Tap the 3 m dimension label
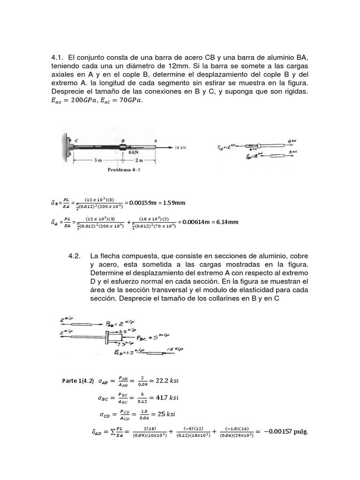[97, 160]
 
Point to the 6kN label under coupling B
[133, 152]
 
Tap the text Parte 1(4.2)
[78, 381]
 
